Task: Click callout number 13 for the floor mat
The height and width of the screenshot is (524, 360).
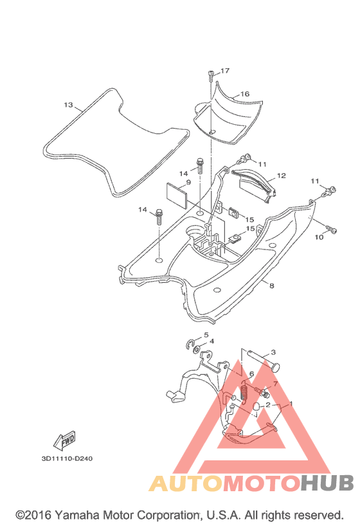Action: (68, 105)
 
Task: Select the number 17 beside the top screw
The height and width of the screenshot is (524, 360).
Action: (225, 71)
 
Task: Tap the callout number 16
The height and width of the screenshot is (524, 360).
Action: (245, 94)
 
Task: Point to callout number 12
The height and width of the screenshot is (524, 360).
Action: (282, 176)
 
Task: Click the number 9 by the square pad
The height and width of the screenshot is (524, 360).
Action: (188, 182)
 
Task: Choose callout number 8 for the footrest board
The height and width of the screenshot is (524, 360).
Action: (272, 285)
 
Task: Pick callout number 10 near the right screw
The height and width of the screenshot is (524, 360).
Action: (319, 237)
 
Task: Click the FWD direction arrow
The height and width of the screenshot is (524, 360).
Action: (64, 441)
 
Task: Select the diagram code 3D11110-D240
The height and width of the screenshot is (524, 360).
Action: (67, 458)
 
